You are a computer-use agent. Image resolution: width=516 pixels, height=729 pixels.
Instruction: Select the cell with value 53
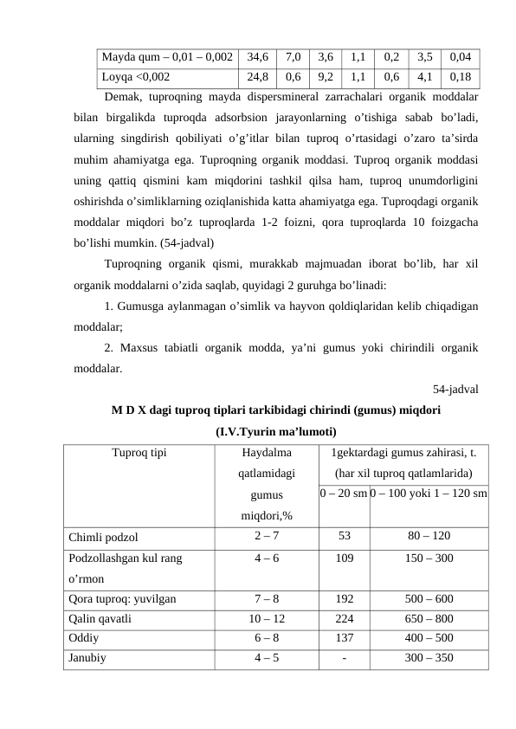tap(344, 536)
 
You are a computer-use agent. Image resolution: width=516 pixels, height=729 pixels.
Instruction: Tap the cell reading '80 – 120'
tap(429, 536)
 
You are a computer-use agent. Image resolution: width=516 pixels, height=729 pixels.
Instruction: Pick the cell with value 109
tap(344, 559)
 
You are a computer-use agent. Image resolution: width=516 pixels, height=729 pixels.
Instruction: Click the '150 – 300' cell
tap(429, 559)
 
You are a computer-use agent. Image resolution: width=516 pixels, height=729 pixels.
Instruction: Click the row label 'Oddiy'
tap(83, 638)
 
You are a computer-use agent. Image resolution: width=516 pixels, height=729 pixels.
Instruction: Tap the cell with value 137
tap(344, 638)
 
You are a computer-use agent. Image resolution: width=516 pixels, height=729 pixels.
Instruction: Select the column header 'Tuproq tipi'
tap(139, 452)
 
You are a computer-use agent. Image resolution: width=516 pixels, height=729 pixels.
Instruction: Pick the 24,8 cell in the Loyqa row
tap(256, 75)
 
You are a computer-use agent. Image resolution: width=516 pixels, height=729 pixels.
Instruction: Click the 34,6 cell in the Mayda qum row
tap(256, 57)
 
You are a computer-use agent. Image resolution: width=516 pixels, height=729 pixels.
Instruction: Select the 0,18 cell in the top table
tap(460, 75)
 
